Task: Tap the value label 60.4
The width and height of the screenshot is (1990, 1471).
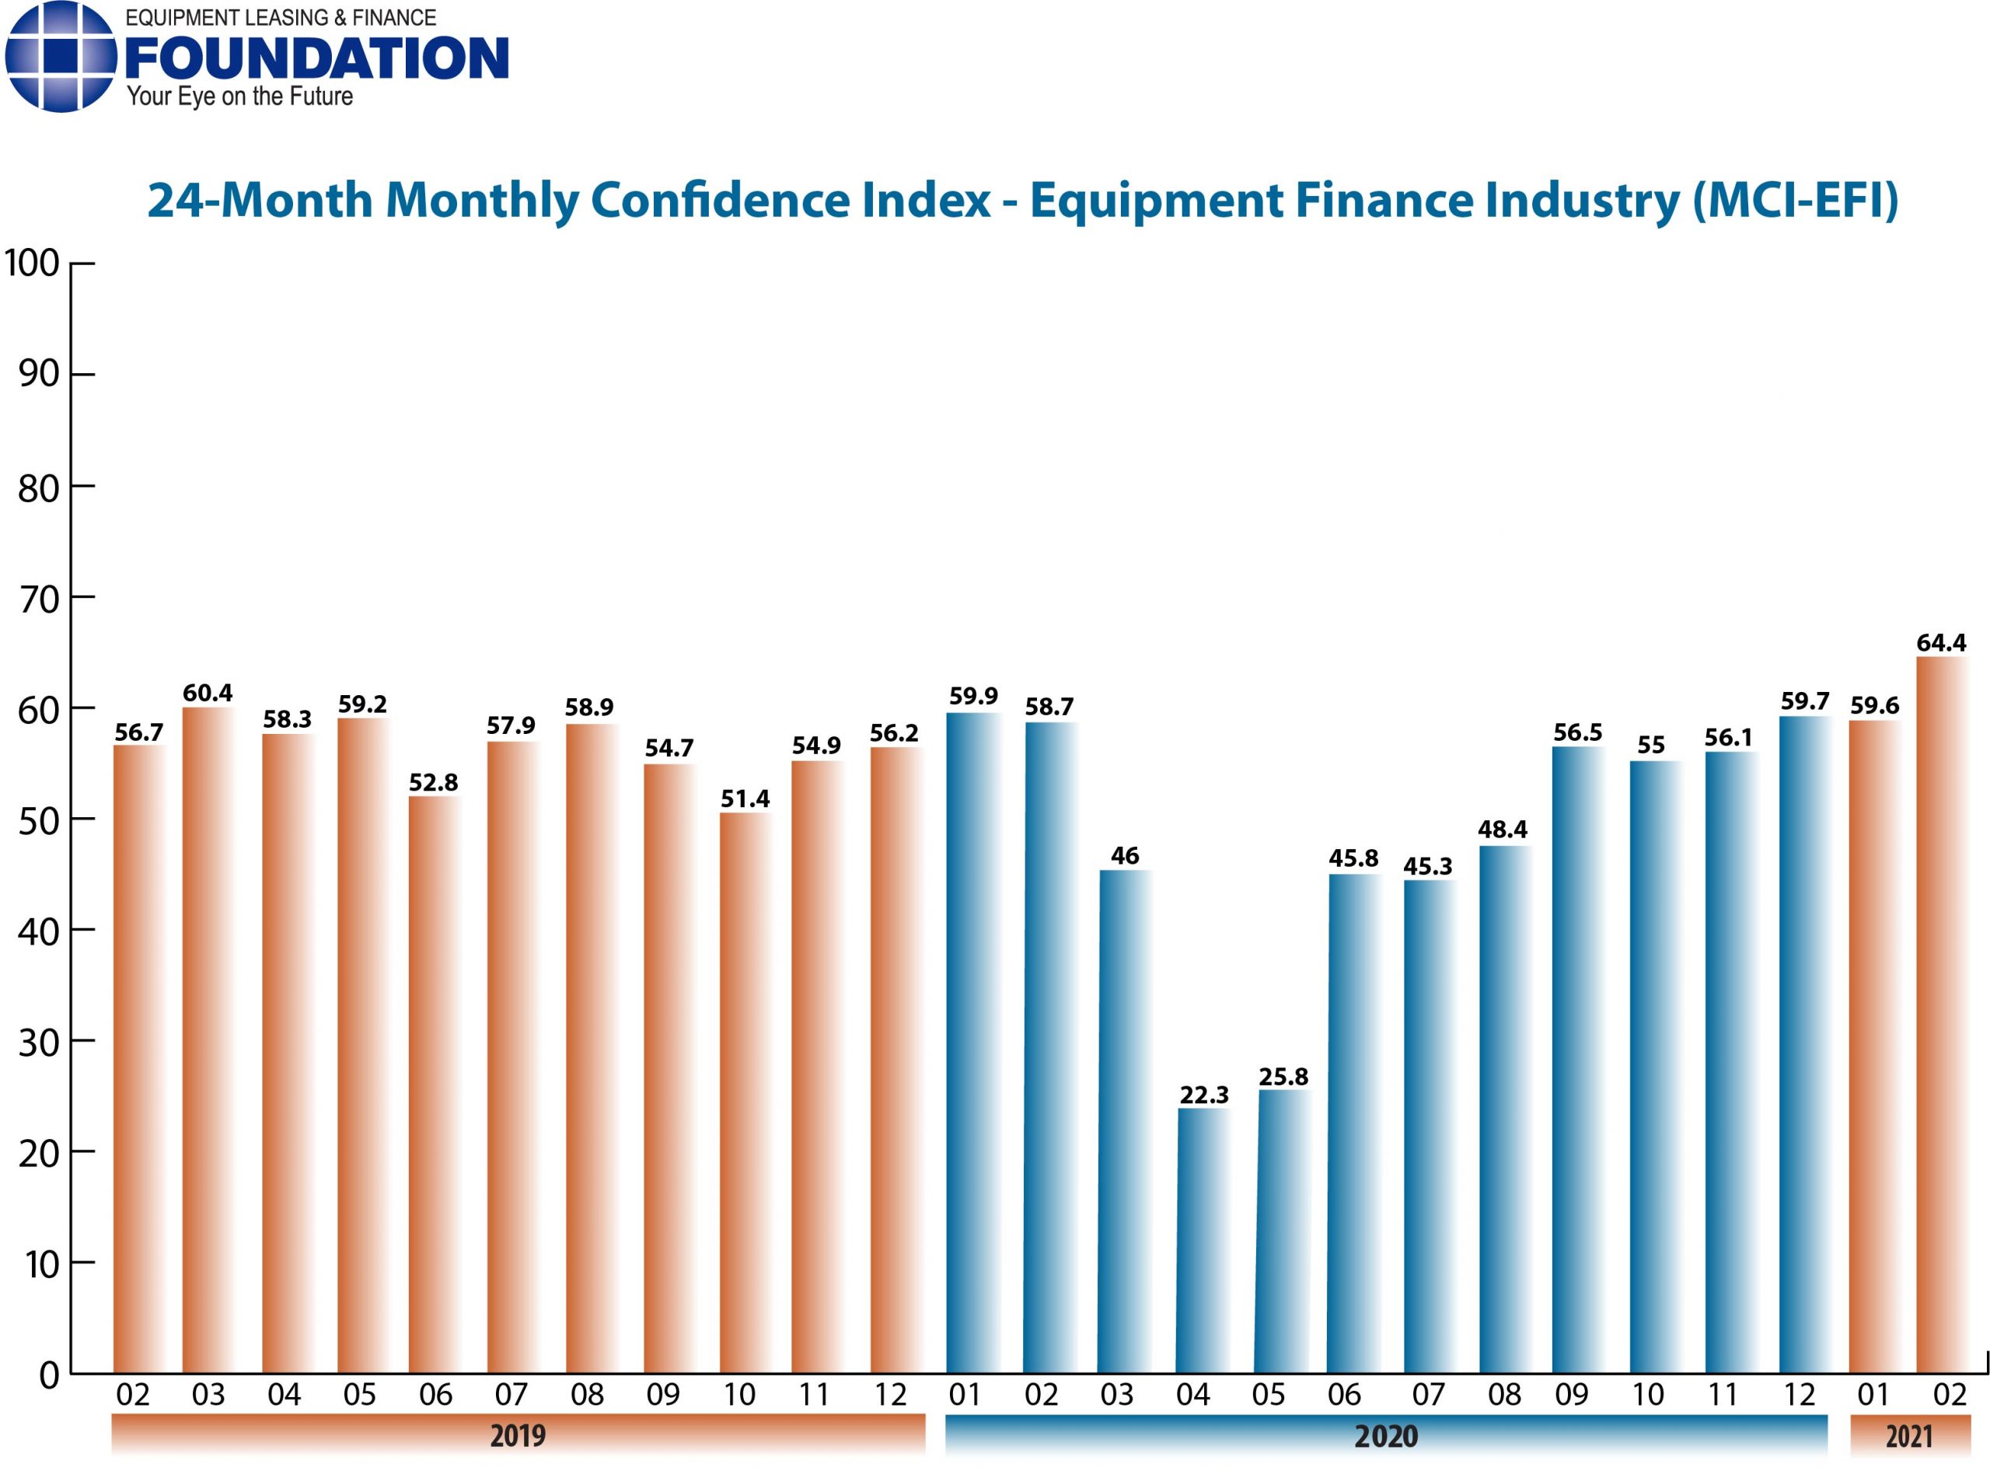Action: (x=208, y=692)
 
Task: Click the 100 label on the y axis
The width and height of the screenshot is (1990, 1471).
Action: (x=32, y=264)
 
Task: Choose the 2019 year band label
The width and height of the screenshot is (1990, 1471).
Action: (x=517, y=1434)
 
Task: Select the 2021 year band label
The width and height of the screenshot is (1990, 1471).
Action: (x=1908, y=1435)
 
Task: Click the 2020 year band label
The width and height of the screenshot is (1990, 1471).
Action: (x=1385, y=1435)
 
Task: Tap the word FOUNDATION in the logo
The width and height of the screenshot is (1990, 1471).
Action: (x=317, y=59)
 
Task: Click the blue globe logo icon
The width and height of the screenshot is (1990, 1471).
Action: (x=61, y=57)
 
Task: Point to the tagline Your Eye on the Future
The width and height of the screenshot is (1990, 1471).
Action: (x=239, y=96)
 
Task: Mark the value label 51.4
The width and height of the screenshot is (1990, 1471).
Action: (x=745, y=798)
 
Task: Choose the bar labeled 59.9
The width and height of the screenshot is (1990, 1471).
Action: (x=972, y=1042)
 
